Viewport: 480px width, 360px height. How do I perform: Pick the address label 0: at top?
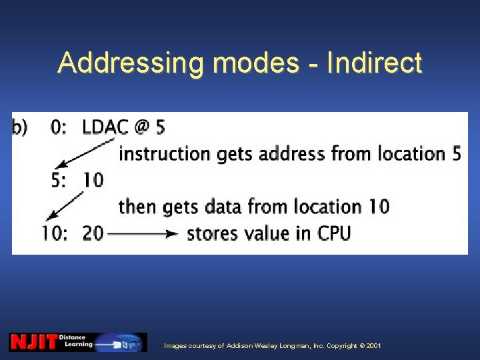(59, 127)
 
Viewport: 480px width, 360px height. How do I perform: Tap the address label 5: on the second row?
(59, 179)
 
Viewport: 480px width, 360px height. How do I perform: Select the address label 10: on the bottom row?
(55, 233)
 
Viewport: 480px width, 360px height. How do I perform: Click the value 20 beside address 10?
(93, 233)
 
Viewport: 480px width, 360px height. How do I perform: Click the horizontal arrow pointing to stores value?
(143, 233)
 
